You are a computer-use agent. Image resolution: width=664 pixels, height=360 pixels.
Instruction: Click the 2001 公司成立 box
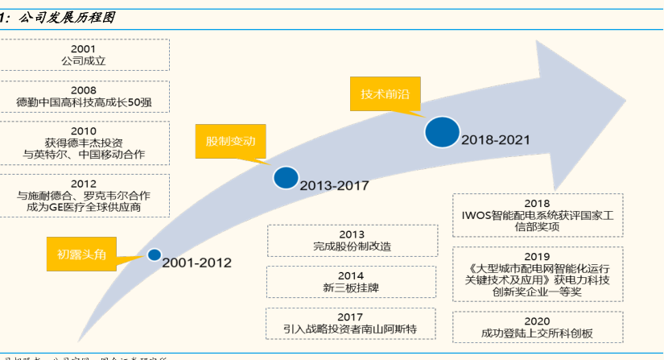83,55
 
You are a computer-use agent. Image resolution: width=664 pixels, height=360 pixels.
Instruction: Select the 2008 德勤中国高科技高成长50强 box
83,97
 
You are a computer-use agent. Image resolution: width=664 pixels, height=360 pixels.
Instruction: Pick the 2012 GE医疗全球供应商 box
83,196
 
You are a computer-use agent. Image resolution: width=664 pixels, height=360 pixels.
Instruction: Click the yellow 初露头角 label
80,253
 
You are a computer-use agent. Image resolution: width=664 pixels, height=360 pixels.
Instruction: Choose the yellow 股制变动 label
230,141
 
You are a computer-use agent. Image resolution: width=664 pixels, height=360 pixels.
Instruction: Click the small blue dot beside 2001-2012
154,255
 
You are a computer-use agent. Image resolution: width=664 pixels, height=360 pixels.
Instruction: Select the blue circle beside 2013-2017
285,178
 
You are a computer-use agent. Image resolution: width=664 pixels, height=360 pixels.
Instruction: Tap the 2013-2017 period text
334,185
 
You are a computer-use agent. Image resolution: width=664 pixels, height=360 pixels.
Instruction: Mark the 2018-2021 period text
496,139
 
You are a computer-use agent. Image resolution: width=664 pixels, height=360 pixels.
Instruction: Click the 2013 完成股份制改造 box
352,240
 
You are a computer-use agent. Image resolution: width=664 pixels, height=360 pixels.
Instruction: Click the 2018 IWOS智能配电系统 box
537,215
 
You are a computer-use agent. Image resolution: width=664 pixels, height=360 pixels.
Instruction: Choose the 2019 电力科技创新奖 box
537,274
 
